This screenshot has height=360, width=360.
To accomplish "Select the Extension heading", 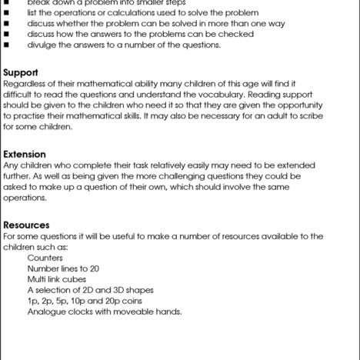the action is pos(25,154).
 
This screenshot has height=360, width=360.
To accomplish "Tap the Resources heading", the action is pos(27,225).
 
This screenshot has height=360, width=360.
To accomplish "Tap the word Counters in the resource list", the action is pos(45,258).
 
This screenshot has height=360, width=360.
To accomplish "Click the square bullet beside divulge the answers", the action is pos(7,45).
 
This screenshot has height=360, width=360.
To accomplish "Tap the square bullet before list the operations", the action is pos(7,12).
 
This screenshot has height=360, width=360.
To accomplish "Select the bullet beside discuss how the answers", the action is pos(7,34).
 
